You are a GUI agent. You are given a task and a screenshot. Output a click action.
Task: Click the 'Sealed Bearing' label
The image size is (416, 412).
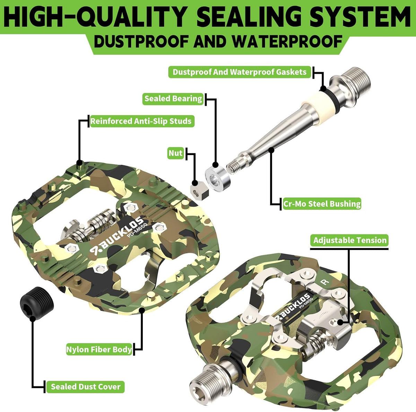point(173,99)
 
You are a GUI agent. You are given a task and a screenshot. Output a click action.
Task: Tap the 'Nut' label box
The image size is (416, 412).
point(175,153)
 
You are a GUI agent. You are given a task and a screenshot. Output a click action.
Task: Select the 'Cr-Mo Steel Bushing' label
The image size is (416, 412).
point(322,204)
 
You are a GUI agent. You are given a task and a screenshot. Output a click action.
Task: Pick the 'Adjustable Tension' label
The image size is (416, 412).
point(350,240)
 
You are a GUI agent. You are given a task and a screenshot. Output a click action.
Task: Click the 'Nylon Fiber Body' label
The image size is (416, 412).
point(99,350)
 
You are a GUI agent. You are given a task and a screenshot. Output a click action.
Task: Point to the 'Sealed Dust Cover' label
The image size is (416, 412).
point(86,387)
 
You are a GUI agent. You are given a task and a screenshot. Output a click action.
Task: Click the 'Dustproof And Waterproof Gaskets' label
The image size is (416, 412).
point(240,72)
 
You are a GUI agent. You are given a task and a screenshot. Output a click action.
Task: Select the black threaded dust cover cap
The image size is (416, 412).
point(37,303)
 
